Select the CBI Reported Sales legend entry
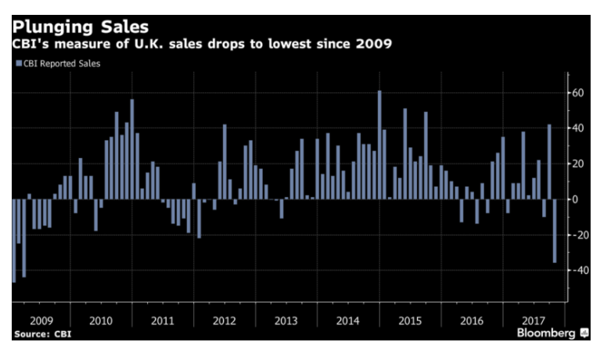[58, 63]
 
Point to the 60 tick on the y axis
[579, 92]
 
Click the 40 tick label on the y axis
[579, 128]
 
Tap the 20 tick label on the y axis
[579, 164]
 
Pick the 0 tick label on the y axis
[575, 200]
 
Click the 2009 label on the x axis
[41, 319]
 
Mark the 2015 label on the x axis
[408, 319]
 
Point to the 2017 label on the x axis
[533, 319]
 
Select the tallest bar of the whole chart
[379, 145]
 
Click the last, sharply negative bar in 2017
[555, 231]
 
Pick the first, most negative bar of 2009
[14, 240]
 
